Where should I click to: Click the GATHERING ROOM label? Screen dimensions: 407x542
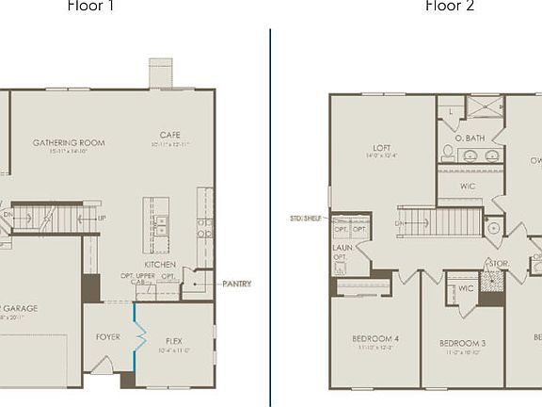tap(69, 143)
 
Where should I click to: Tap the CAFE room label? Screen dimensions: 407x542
tap(170, 135)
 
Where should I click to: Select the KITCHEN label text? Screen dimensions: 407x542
tap(160, 265)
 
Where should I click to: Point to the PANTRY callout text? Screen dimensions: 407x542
tap(236, 284)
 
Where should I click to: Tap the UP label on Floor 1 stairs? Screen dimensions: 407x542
tap(102, 219)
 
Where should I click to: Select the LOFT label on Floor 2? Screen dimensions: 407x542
tap(381, 148)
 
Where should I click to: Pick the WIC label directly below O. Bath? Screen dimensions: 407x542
tap(468, 187)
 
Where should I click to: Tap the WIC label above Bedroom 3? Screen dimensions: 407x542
tap(465, 288)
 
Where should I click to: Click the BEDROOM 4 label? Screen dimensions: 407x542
tap(375, 338)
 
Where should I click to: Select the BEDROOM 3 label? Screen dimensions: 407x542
tap(462, 343)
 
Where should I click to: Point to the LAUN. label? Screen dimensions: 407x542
tap(341, 250)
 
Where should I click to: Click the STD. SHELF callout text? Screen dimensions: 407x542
tap(307, 218)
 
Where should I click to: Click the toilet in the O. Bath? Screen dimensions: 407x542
tap(448, 152)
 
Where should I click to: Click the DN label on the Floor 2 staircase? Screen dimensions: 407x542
tap(399, 223)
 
